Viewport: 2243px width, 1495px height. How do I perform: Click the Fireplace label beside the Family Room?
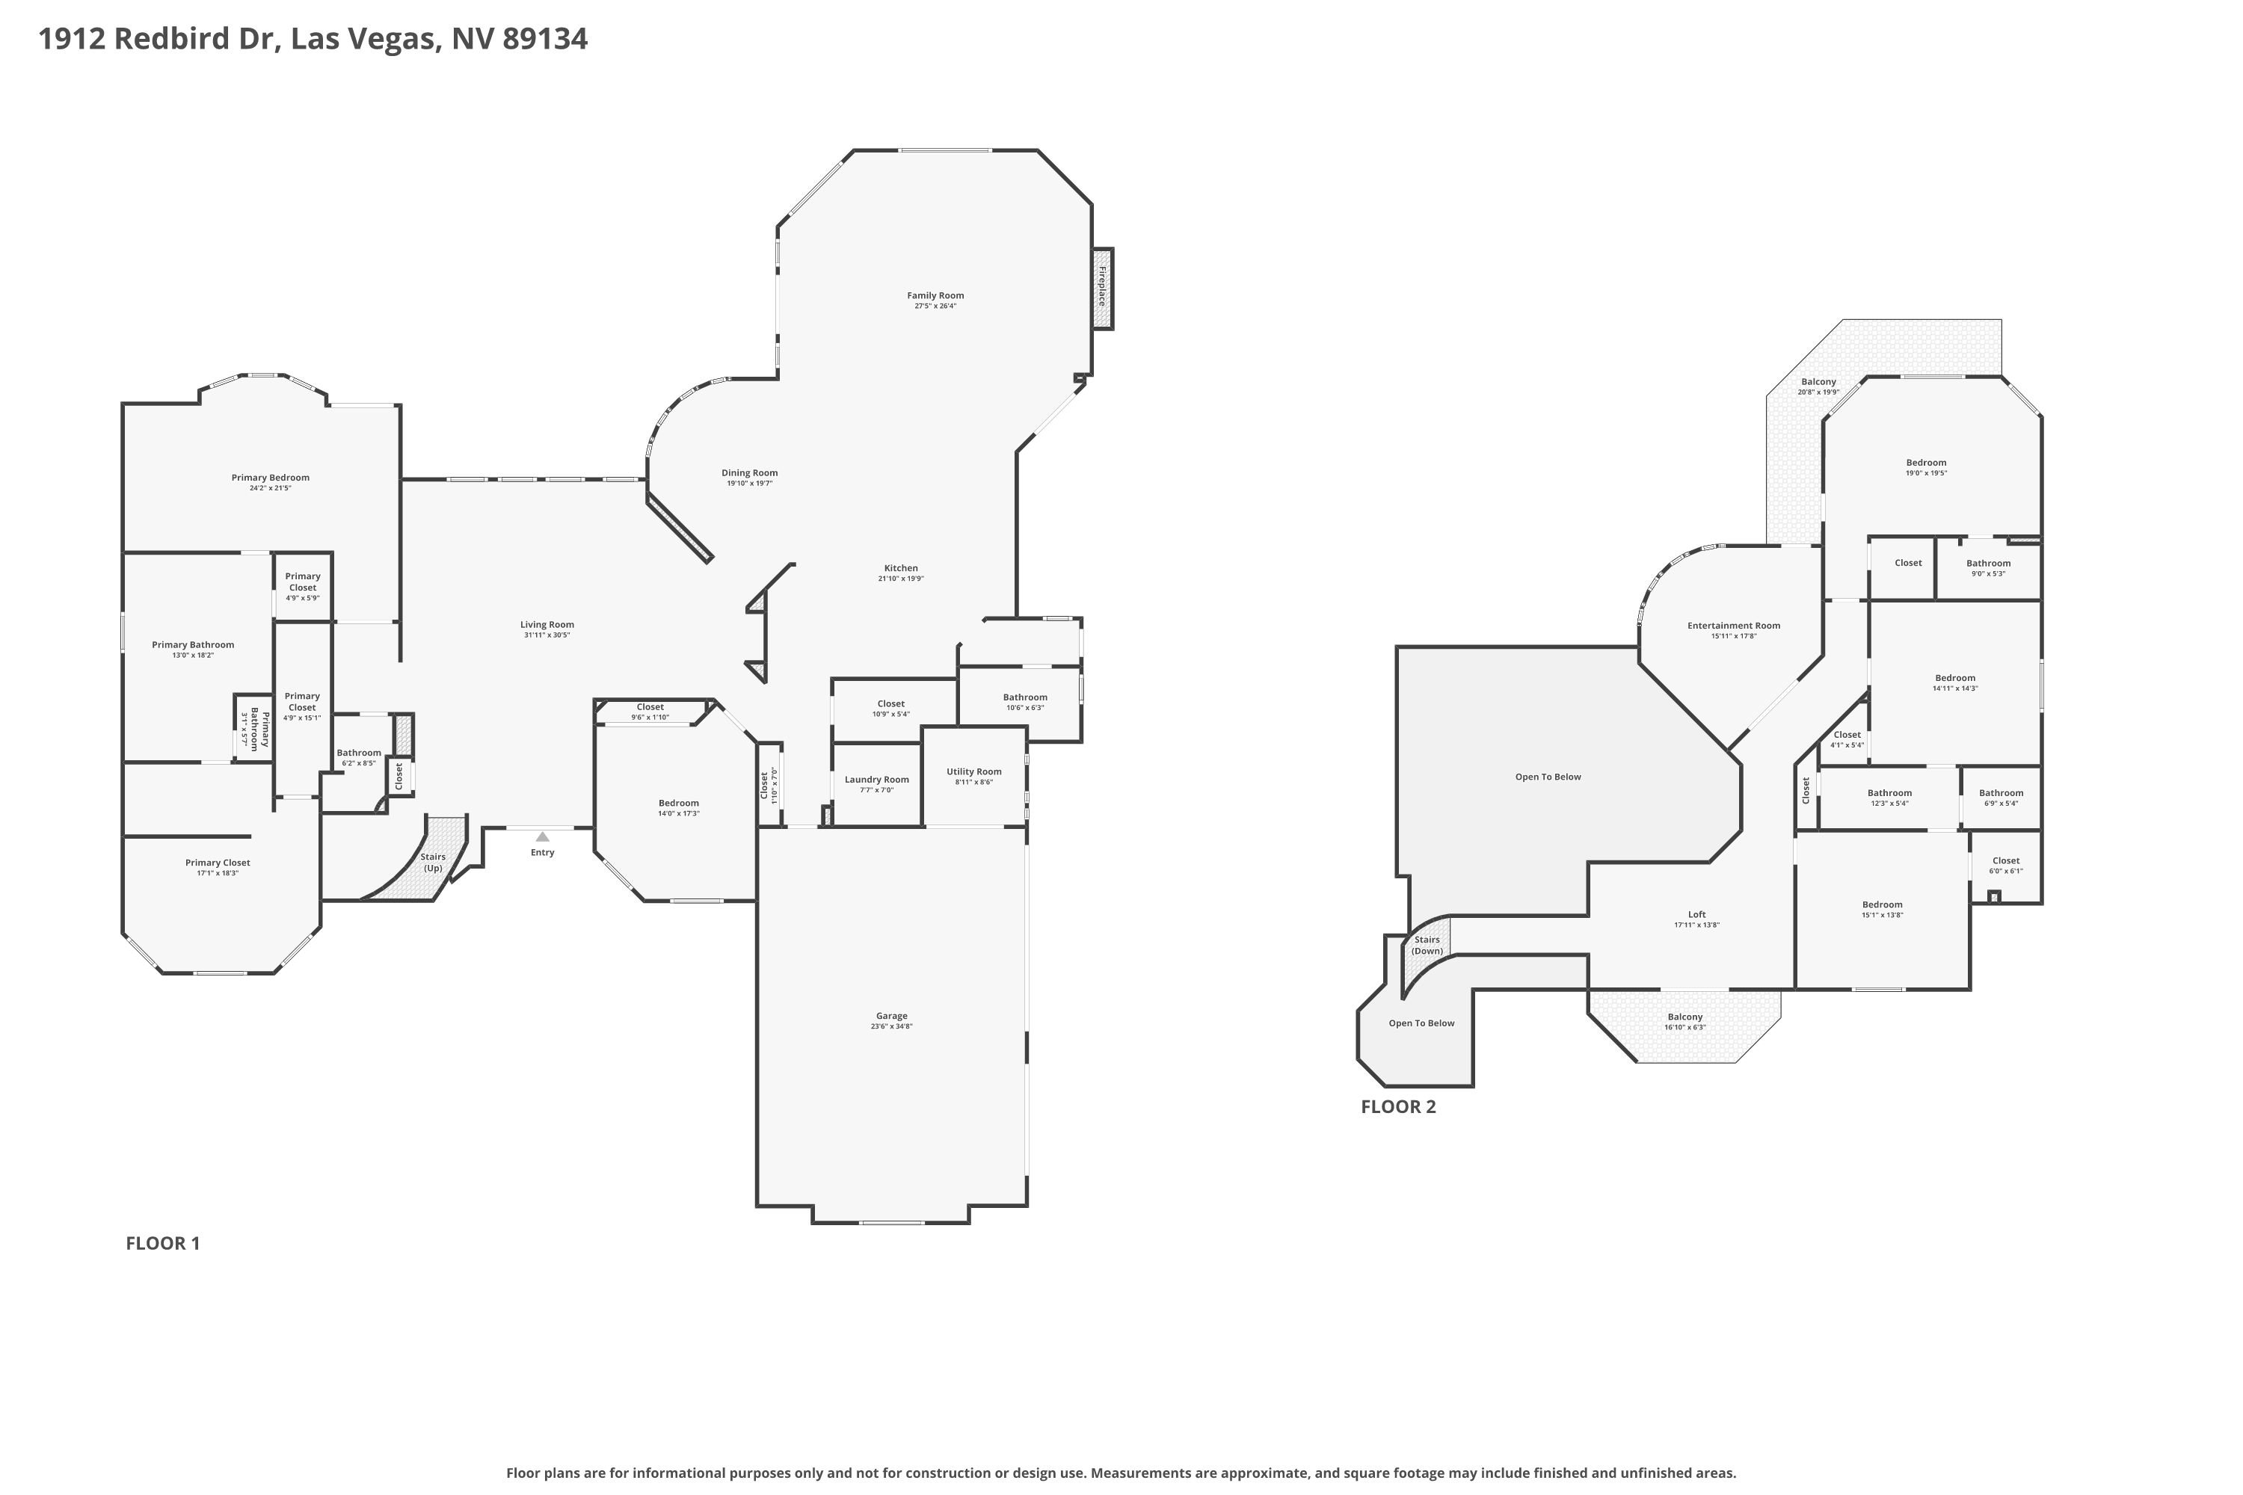coord(1101,286)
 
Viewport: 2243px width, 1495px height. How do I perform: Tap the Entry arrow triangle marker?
coord(543,836)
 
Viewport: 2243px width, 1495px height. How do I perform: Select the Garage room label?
coord(892,1017)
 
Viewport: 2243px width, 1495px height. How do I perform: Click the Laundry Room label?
coord(876,780)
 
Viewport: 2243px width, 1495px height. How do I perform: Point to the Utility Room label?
coord(973,772)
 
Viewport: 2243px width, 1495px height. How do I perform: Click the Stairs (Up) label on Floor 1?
coord(433,863)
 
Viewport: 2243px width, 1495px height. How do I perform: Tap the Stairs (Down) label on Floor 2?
coord(1427,946)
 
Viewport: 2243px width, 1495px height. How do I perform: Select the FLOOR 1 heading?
coord(163,1243)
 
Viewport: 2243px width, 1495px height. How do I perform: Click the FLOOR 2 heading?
coord(1398,1107)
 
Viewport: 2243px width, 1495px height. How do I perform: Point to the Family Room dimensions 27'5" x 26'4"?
coord(935,306)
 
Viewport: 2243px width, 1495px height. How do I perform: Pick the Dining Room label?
coord(750,473)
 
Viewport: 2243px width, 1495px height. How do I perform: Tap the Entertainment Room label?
coord(1734,626)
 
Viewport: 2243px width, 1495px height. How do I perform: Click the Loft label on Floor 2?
coord(1696,915)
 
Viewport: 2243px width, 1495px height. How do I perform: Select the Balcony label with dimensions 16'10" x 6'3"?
coord(1685,1017)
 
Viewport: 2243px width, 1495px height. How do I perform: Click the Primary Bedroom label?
coord(270,478)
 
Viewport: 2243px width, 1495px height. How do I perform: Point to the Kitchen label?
coord(901,568)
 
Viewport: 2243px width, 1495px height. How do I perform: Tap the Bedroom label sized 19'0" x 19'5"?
coord(1927,463)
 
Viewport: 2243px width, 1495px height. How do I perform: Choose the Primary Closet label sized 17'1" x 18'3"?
coord(218,863)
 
